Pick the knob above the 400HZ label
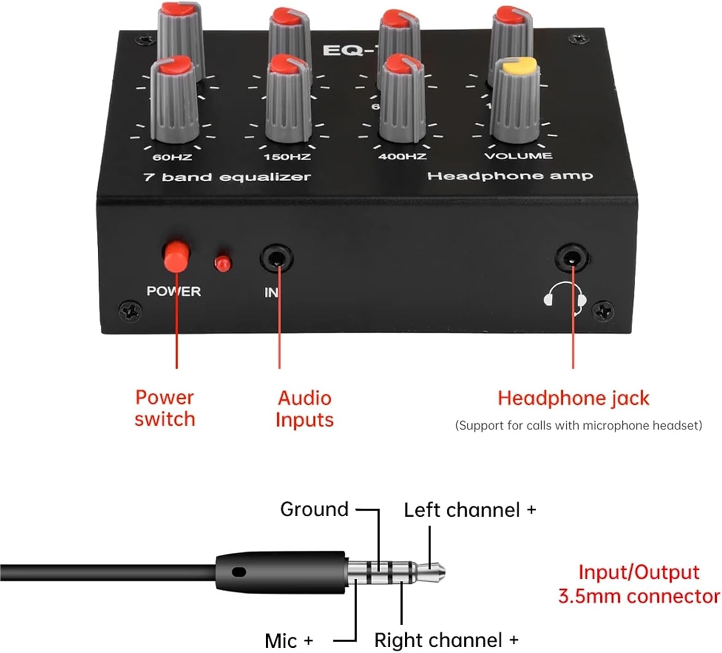coord(401,101)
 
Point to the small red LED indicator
coord(222,263)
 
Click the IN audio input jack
coord(276,258)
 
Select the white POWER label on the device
coord(173,291)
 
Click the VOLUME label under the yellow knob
coord(518,156)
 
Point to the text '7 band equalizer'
coord(227,177)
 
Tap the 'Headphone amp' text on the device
coord(510,176)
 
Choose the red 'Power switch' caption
coord(165,408)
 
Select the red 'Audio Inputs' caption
coord(305,409)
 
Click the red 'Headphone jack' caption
coord(573,398)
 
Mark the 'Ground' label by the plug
coord(314,509)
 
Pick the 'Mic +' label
coord(289,641)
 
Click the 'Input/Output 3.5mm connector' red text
coord(639,584)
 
